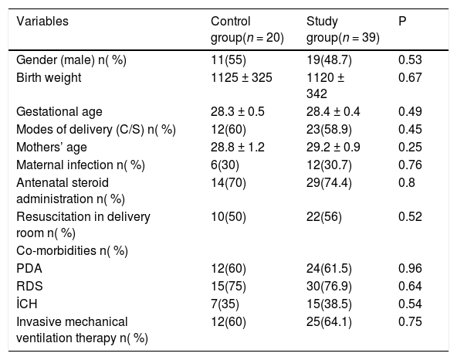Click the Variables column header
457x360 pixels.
pyautogui.click(x=42, y=22)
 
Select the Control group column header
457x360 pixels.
pyautogui.click(x=247, y=29)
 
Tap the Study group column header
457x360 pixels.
pyautogui.click(x=343, y=29)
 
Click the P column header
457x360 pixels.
pyautogui.click(x=402, y=22)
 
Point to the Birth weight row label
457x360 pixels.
pyautogui.click(x=49, y=78)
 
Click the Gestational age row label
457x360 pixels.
pyautogui.click(x=59, y=112)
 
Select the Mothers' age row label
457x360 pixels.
pyautogui.click(x=52, y=147)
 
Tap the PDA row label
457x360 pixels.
pyautogui.click(x=29, y=268)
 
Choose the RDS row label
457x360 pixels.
pyautogui.click(x=29, y=286)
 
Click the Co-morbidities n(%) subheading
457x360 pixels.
pyautogui.click(x=72, y=251)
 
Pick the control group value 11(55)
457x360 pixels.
pyautogui.click(x=228, y=60)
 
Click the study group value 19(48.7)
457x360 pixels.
pyautogui.click(x=329, y=60)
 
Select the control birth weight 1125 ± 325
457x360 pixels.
pyautogui.click(x=242, y=78)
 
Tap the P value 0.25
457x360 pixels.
pyautogui.click(x=410, y=147)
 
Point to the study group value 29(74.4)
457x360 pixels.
pyautogui.click(x=329, y=183)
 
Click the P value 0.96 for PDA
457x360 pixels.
pyautogui.click(x=410, y=268)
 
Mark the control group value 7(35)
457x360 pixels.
pyautogui.click(x=225, y=304)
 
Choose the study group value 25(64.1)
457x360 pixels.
pyautogui.click(x=329, y=322)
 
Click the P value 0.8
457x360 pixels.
pyautogui.click(x=407, y=183)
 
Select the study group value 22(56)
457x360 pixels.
pyautogui.click(x=323, y=217)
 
